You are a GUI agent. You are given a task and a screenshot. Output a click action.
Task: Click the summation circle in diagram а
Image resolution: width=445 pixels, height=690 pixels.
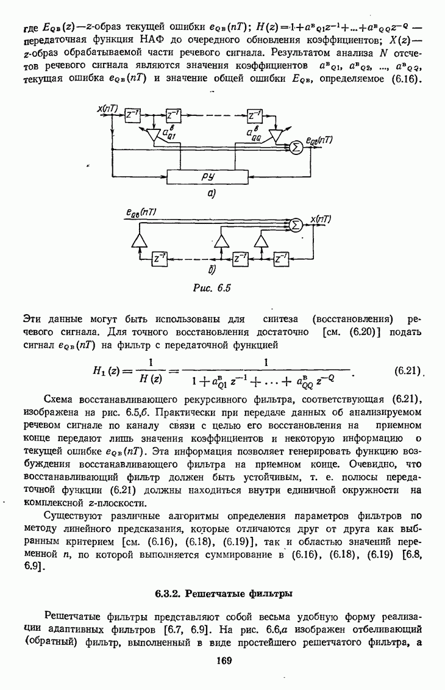(x=296, y=147)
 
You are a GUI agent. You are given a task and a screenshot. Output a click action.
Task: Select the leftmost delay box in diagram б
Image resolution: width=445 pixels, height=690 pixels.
(x=160, y=259)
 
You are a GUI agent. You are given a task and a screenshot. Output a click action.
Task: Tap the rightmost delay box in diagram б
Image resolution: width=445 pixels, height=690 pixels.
(x=282, y=259)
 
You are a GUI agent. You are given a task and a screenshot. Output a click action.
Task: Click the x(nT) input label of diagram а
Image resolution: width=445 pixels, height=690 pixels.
(x=107, y=109)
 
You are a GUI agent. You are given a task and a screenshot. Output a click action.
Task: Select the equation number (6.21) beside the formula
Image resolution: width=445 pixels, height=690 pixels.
(x=405, y=370)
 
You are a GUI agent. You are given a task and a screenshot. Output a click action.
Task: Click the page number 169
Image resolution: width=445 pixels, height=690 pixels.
(x=222, y=660)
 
